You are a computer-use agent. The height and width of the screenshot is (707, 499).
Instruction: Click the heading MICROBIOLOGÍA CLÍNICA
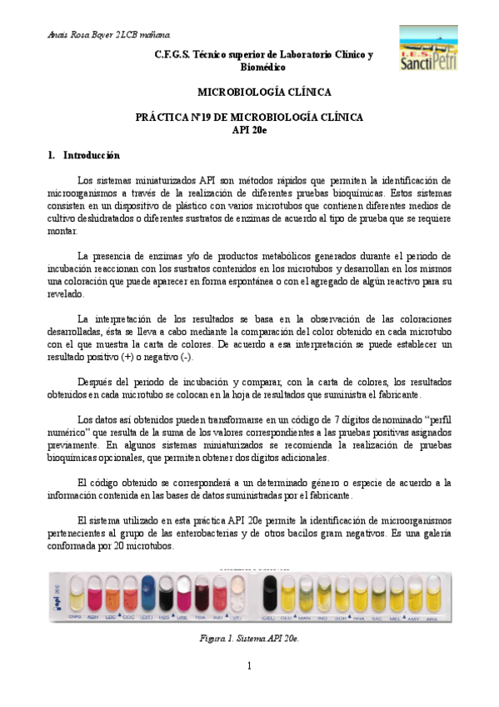click(x=263, y=92)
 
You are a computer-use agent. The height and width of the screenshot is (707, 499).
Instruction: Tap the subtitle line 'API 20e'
click(x=249, y=129)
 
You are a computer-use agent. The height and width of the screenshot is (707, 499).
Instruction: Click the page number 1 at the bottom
click(x=249, y=665)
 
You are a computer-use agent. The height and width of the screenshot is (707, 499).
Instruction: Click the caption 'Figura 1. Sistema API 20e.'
click(x=250, y=638)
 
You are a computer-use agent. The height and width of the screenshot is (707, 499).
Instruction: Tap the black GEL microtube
click(x=270, y=594)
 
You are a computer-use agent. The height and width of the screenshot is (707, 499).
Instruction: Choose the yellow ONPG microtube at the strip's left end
click(x=73, y=594)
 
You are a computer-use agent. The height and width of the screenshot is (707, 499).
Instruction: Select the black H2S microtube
click(x=167, y=594)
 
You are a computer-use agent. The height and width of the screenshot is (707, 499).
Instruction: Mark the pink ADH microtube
click(x=92, y=594)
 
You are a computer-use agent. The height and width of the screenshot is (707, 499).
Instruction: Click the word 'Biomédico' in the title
click(x=263, y=66)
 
